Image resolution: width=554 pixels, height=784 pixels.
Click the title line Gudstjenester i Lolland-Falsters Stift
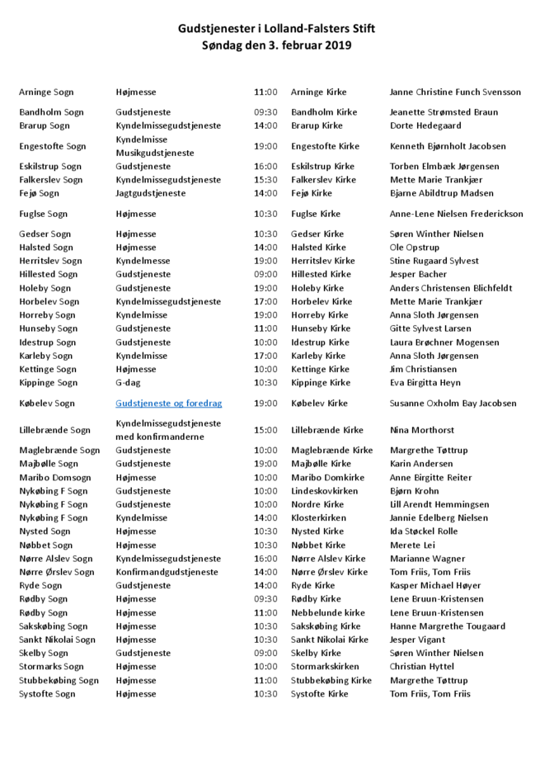[x=276, y=29]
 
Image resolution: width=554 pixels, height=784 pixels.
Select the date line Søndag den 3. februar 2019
[x=276, y=46]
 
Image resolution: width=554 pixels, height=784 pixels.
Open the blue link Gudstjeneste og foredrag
[x=169, y=404]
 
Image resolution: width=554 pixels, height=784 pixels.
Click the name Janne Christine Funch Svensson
[x=455, y=92]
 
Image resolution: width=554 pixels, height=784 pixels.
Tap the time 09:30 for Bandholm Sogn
[x=265, y=112]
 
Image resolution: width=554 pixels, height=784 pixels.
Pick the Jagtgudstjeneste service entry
[x=151, y=193]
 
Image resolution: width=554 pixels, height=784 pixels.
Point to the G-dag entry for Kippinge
[x=130, y=383]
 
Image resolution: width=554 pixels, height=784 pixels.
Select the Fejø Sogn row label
[x=40, y=193]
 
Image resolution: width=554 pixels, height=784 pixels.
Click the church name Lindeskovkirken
[x=325, y=491]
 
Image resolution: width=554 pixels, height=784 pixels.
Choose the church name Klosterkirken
[x=318, y=518]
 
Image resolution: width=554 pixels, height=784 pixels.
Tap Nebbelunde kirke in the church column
[x=328, y=613]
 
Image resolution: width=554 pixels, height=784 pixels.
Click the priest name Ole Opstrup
[x=415, y=248]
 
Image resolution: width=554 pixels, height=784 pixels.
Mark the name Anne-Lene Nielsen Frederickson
[x=456, y=214]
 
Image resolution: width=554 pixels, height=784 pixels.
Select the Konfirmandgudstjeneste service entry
[x=167, y=572]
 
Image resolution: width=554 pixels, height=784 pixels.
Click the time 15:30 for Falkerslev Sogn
[x=265, y=180]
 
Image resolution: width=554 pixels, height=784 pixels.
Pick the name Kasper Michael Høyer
[x=435, y=586]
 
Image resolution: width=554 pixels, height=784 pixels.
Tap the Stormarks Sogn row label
[x=52, y=667]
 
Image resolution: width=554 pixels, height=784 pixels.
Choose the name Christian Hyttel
[x=421, y=667]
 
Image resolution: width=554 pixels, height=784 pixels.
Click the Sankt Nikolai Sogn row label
[x=58, y=640]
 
